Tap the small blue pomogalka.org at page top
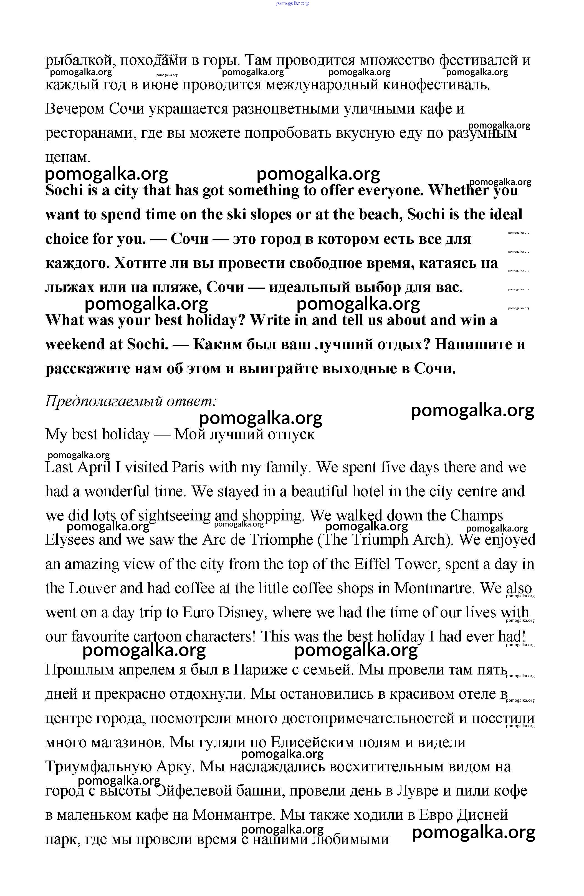292,3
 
